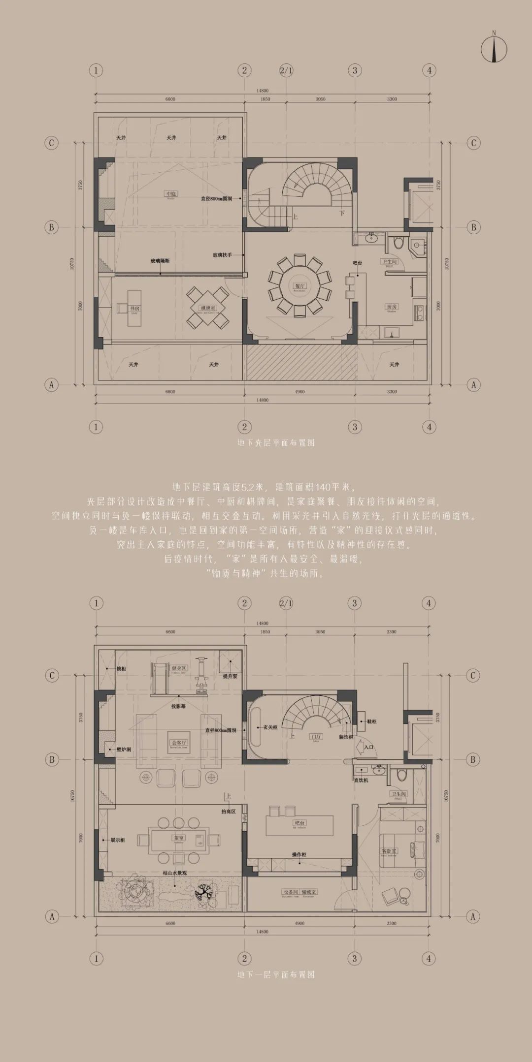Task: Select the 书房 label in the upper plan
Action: (x=134, y=309)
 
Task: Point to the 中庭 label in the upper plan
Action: (x=171, y=194)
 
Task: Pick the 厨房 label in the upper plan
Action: (x=392, y=307)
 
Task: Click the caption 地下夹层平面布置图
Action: (x=276, y=442)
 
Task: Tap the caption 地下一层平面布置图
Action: (x=276, y=974)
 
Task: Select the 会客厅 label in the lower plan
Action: (x=178, y=743)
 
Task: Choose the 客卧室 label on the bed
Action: (x=389, y=850)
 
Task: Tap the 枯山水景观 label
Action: (x=175, y=873)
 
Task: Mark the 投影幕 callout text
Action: (x=178, y=706)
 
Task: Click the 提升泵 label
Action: (x=230, y=676)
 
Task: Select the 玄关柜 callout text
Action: (x=270, y=727)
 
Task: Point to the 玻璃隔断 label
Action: (x=160, y=261)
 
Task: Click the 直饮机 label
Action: (x=361, y=780)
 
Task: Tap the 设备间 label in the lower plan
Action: (x=290, y=892)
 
